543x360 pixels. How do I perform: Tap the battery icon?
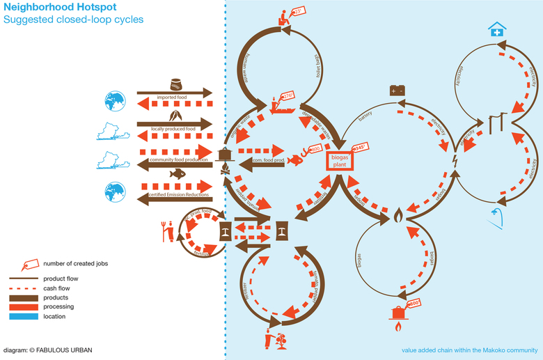(398, 91)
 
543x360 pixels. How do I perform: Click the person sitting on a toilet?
(283, 17)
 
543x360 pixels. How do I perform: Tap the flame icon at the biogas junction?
(398, 214)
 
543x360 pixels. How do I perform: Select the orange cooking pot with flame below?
(399, 316)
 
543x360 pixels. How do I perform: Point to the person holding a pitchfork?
(165, 231)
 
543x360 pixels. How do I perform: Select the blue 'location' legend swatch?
(24, 316)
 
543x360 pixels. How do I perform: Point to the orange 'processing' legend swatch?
(24, 306)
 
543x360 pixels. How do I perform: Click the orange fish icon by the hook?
(295, 159)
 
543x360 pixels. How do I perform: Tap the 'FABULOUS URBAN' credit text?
(63, 350)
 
